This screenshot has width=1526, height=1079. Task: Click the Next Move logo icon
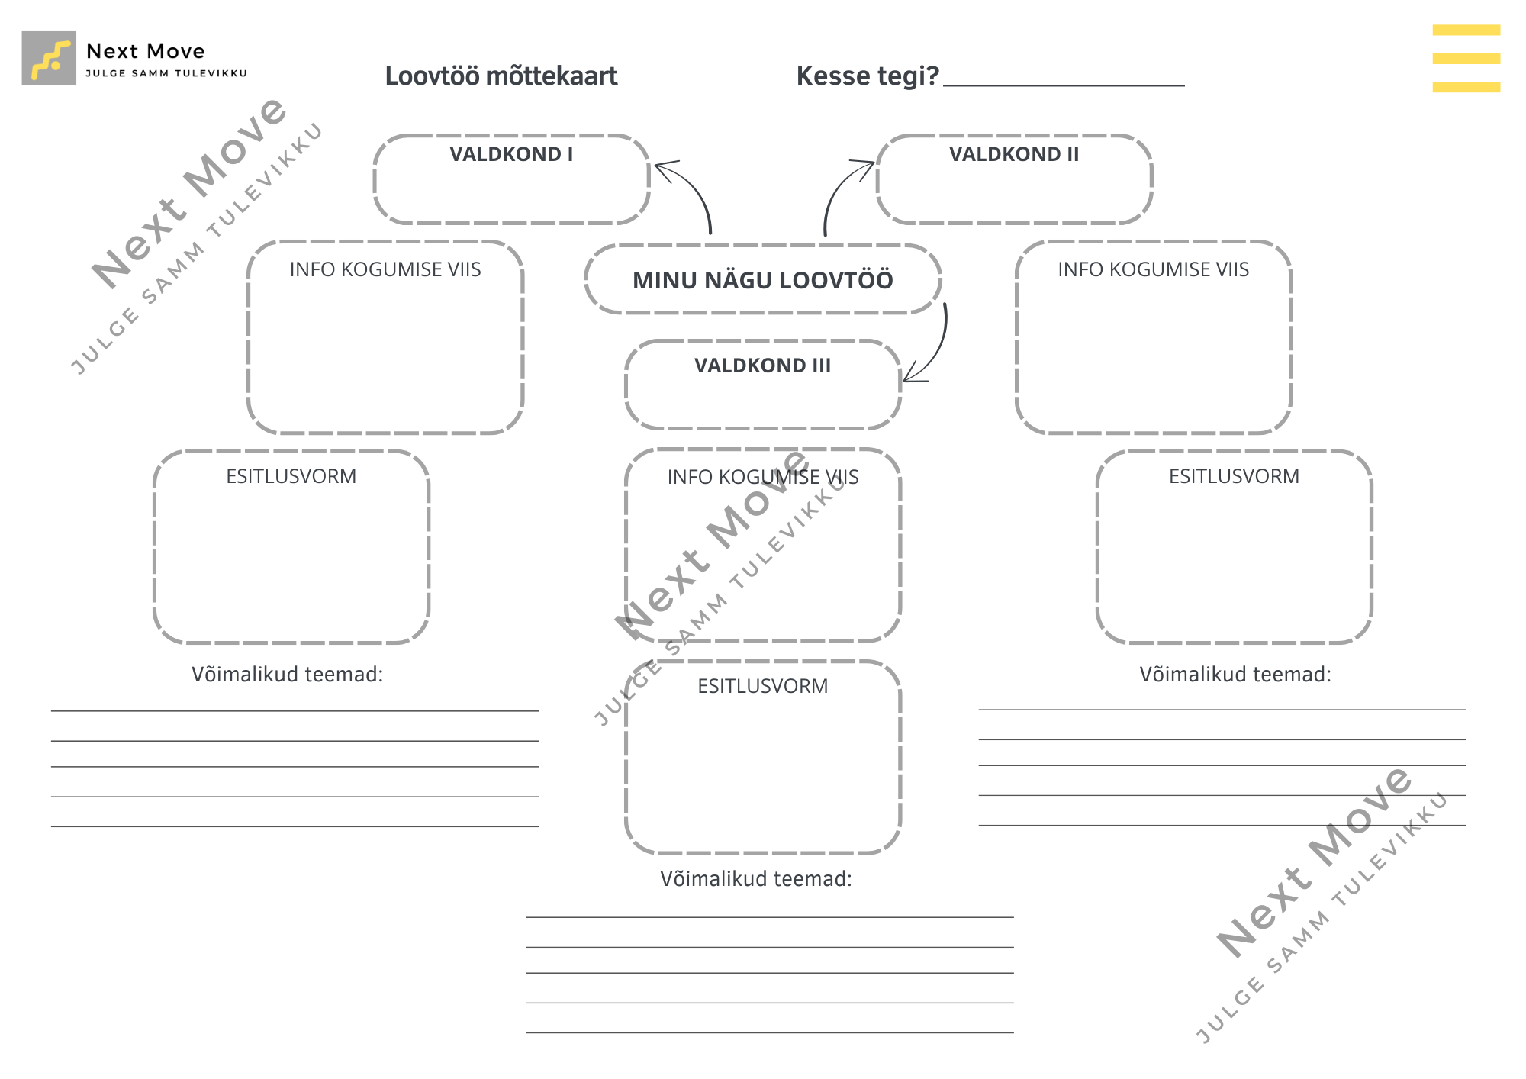pyautogui.click(x=49, y=58)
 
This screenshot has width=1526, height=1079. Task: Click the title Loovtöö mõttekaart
pyautogui.click(x=501, y=76)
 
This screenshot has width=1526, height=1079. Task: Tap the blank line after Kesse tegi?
pyautogui.click(x=1064, y=85)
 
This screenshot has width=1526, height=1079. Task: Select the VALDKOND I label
pyautogui.click(x=511, y=154)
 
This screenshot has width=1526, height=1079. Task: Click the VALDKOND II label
pyautogui.click(x=1014, y=154)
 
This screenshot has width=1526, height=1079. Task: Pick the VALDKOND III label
pyautogui.click(x=763, y=366)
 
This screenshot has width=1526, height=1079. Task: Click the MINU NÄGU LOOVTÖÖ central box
pyautogui.click(x=763, y=279)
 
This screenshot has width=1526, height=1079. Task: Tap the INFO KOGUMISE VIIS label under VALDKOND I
pyautogui.click(x=385, y=269)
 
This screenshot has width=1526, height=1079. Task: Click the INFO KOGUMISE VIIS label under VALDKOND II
pyautogui.click(x=1154, y=269)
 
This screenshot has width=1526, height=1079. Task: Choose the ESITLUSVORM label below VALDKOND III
pyautogui.click(x=763, y=686)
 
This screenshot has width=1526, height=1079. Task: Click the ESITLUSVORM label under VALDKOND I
pyautogui.click(x=291, y=476)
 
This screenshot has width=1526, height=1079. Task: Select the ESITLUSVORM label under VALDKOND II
pyautogui.click(x=1235, y=476)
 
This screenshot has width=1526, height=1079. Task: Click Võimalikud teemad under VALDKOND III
pyautogui.click(x=756, y=879)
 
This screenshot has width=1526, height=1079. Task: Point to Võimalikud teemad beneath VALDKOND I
pyautogui.click(x=288, y=675)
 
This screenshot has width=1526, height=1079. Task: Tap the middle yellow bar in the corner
pyautogui.click(x=1466, y=59)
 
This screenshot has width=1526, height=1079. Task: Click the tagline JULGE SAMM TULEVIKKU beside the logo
pyautogui.click(x=166, y=73)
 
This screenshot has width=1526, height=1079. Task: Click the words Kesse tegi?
pyautogui.click(x=868, y=76)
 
